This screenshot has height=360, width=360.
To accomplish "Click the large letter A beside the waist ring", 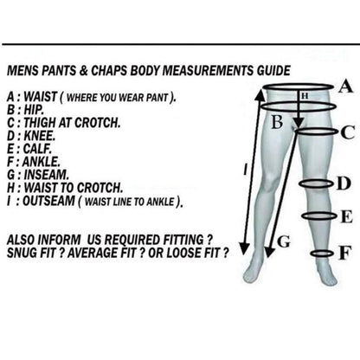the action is [345, 87].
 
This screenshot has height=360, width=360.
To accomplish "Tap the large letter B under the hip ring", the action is [277, 122].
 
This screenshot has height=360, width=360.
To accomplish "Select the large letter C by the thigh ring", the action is [348, 132].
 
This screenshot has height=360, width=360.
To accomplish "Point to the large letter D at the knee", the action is [344, 183].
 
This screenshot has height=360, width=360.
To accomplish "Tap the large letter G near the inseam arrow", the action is [284, 242].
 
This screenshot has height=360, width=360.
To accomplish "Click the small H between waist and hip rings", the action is [305, 96].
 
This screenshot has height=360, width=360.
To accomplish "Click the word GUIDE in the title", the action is [273, 71].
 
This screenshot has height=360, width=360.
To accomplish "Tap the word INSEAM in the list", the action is [47, 175].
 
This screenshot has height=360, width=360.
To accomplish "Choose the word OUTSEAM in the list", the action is [48, 201].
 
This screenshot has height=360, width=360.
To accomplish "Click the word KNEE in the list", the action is [39, 136].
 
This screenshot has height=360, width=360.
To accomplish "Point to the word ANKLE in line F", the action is [42, 162].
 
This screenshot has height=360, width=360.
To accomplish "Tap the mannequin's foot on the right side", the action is [328, 276].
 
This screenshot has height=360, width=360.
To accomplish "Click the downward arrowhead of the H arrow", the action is [299, 123].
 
